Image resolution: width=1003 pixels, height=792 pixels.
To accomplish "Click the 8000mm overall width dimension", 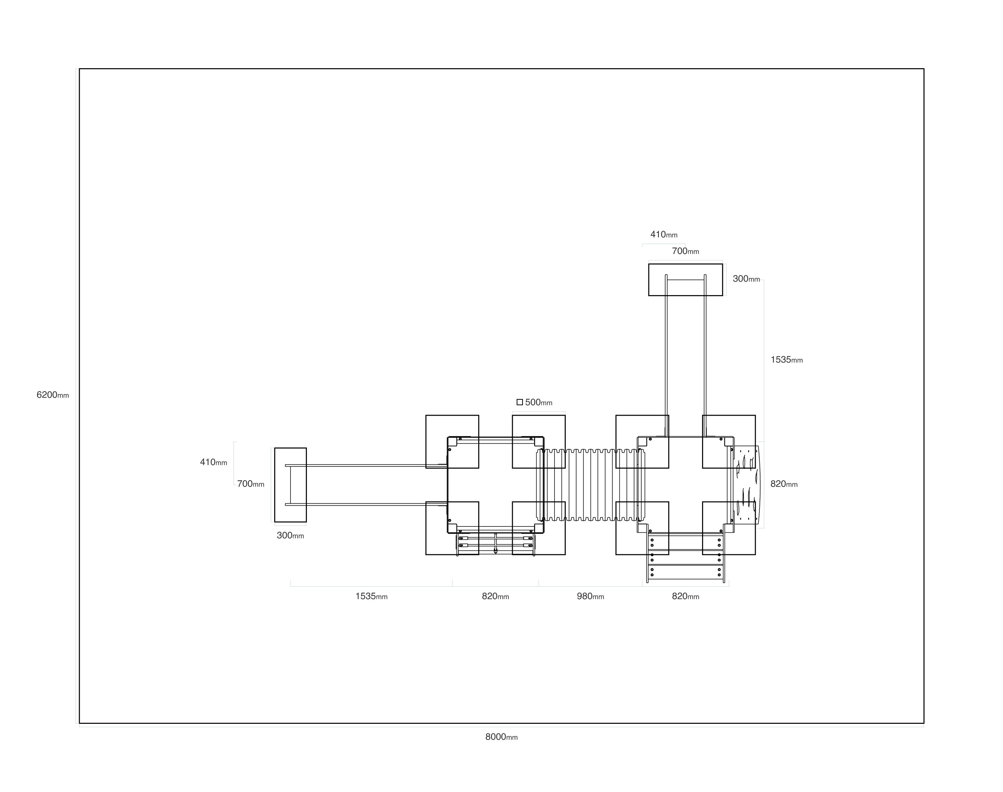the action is pos(501,737).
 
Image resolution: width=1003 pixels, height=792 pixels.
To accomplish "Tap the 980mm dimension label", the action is pos(590,596).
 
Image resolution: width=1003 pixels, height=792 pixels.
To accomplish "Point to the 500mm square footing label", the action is pos(539,402).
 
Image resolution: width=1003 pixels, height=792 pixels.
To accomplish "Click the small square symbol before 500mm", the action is pos(520,402).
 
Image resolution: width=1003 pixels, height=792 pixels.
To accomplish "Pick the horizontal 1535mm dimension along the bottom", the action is pos(371,596).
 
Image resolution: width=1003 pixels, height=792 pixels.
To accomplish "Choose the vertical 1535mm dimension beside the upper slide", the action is pos(787,359).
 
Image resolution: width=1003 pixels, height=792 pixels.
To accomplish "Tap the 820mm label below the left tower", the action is pos(495,596).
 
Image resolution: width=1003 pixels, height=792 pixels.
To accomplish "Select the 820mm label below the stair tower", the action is pos(686,596).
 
